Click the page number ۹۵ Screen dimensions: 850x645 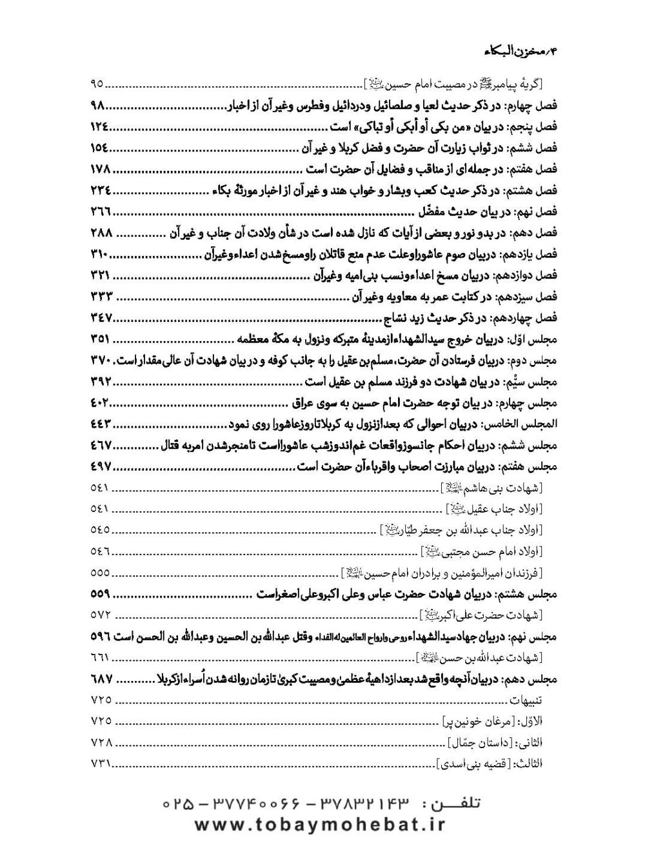pos(98,84)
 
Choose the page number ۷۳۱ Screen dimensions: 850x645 pos(99,764)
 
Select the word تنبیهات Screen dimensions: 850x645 pos(526,700)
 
